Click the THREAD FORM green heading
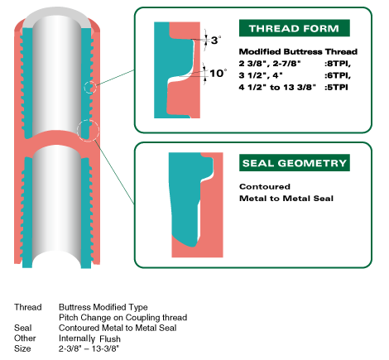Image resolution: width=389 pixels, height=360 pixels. [294, 28]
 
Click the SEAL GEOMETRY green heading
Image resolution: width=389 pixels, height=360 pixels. [295, 163]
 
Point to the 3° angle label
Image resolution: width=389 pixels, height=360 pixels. [216, 41]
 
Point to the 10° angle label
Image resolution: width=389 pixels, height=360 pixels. [218, 73]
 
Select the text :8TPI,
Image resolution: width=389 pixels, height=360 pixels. [338, 64]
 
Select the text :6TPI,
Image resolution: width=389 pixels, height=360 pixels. [338, 75]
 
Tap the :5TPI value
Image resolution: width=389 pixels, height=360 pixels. [336, 87]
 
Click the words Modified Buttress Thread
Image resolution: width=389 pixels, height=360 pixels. [298, 51]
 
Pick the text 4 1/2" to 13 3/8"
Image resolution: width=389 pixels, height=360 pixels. [277, 87]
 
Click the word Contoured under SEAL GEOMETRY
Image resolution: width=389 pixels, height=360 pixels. [265, 186]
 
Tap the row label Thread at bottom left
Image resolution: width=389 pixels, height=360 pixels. [28, 307]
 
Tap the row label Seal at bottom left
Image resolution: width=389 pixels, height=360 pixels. [23, 328]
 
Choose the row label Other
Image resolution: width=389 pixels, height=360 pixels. [25, 338]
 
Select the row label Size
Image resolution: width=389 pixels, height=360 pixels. [22, 348]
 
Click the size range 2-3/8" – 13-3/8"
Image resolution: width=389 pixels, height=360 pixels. [89, 348]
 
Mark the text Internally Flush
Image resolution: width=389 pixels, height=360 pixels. [89, 338]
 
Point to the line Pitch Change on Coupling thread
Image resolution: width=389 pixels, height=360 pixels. [122, 318]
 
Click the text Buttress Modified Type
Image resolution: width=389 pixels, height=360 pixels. [103, 307]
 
